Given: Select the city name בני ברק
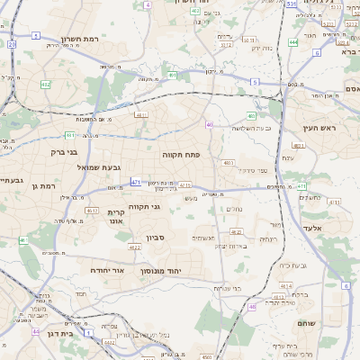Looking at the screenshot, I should coord(66,153).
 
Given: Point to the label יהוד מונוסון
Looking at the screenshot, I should coord(161,270).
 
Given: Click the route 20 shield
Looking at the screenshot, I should coord(12,43).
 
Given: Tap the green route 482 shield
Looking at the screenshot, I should coord(45,85).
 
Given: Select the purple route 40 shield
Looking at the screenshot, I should coord(209,125).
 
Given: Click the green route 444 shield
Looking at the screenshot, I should coord(293,41).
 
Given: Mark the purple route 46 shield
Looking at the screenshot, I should coord(253,306).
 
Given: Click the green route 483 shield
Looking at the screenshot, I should coord(251,116).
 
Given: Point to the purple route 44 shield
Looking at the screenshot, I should coord(36,331).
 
